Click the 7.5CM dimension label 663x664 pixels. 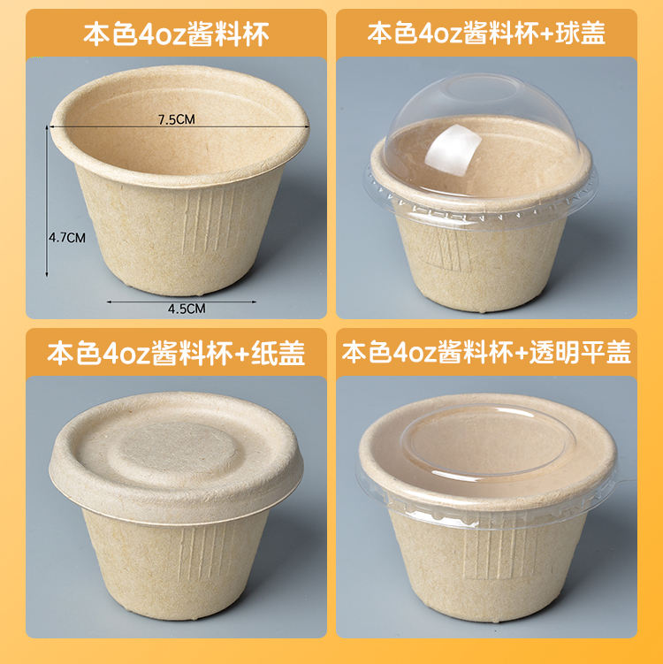click(176, 120)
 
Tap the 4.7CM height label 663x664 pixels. click(66, 237)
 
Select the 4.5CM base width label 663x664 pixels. click(187, 309)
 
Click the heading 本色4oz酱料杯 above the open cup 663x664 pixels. click(176, 34)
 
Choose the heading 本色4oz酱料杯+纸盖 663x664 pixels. click(176, 354)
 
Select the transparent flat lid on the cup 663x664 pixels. click(486, 451)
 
